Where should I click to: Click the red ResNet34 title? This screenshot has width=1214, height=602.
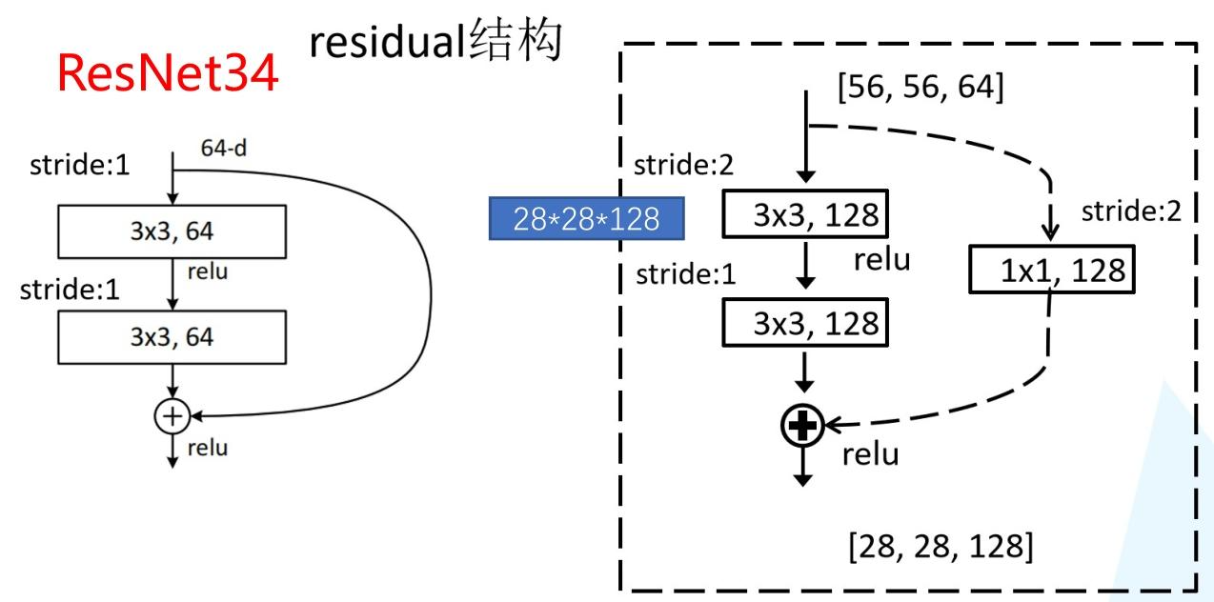coord(169,74)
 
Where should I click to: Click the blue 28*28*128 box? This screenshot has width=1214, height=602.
coord(585,219)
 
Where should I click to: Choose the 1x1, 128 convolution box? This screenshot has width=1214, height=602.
coord(1048,271)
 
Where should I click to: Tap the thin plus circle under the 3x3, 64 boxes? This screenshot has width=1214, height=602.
coord(172,414)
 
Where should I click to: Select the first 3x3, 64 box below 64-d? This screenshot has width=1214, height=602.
coord(172,231)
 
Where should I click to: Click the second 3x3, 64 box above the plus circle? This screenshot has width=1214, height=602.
coord(172,336)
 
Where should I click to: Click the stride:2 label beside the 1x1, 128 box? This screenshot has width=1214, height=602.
coord(1131,211)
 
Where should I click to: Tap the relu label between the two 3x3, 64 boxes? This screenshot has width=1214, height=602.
coord(208,273)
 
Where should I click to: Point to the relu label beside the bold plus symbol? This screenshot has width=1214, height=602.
coord(870,455)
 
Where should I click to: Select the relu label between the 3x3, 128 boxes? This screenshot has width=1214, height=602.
coord(881,258)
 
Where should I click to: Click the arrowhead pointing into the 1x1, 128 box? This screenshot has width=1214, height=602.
coord(1049,234)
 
